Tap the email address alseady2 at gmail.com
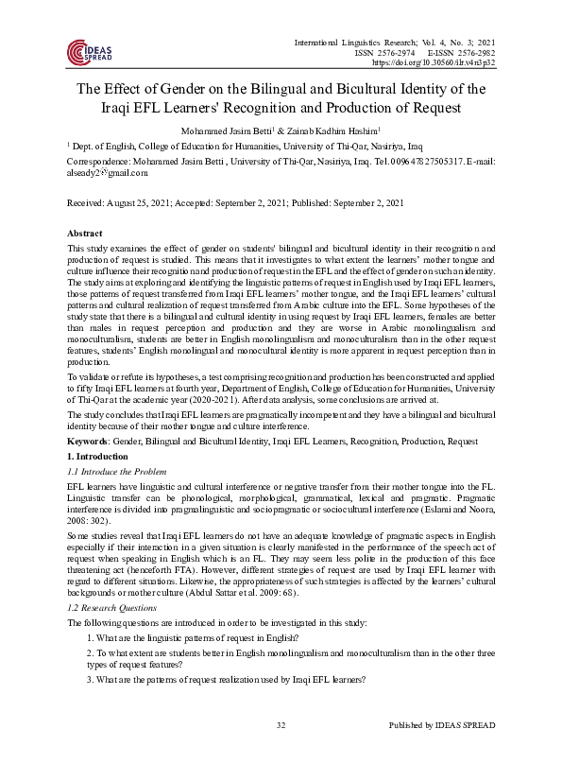(x=101, y=174)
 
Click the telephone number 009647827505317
(x=400, y=162)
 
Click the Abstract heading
(x=85, y=233)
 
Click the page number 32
(x=281, y=750)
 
